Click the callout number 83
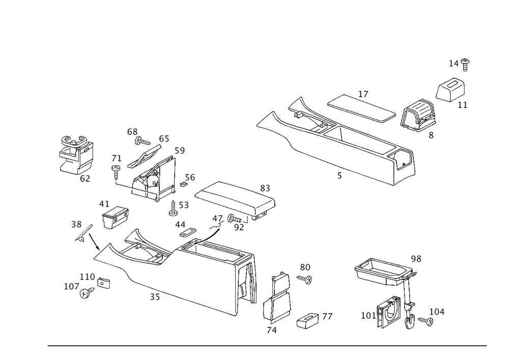coord(265,188)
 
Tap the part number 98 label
coord(416,259)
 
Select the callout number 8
coord(431,136)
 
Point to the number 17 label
coord(363,94)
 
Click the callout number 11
coord(462,105)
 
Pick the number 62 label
coord(84,178)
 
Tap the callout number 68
coord(132,132)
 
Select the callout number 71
coord(117,159)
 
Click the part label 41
coord(104,204)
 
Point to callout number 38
coord(76,224)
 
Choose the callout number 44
coord(180,224)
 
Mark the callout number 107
coord(72,287)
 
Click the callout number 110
coord(87,276)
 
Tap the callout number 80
coord(304,267)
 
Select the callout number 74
coord(272,330)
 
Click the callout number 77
coord(327,317)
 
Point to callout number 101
coord(367,315)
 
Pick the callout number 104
coord(437,311)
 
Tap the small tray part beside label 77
coord(307,321)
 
